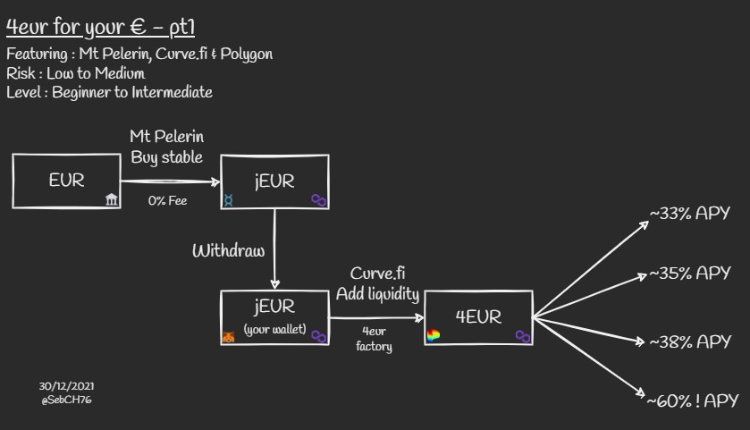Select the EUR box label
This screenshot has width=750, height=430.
66,180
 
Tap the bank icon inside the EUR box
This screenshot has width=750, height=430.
112,198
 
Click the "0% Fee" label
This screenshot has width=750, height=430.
167,201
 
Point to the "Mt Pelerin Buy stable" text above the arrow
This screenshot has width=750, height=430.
167,148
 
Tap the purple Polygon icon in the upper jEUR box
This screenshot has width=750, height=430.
318,200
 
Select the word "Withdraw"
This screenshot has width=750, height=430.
228,250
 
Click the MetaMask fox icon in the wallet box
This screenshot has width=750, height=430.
229,336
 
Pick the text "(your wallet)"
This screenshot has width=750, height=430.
274,331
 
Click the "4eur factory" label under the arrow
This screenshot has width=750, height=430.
374,339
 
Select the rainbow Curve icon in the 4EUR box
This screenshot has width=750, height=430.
434,336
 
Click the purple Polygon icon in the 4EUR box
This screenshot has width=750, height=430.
523,336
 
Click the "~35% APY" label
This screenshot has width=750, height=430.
690,273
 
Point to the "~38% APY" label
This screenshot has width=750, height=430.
690,341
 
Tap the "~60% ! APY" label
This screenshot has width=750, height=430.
693,401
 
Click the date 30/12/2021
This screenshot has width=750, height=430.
66,385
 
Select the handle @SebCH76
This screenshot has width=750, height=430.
66,400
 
